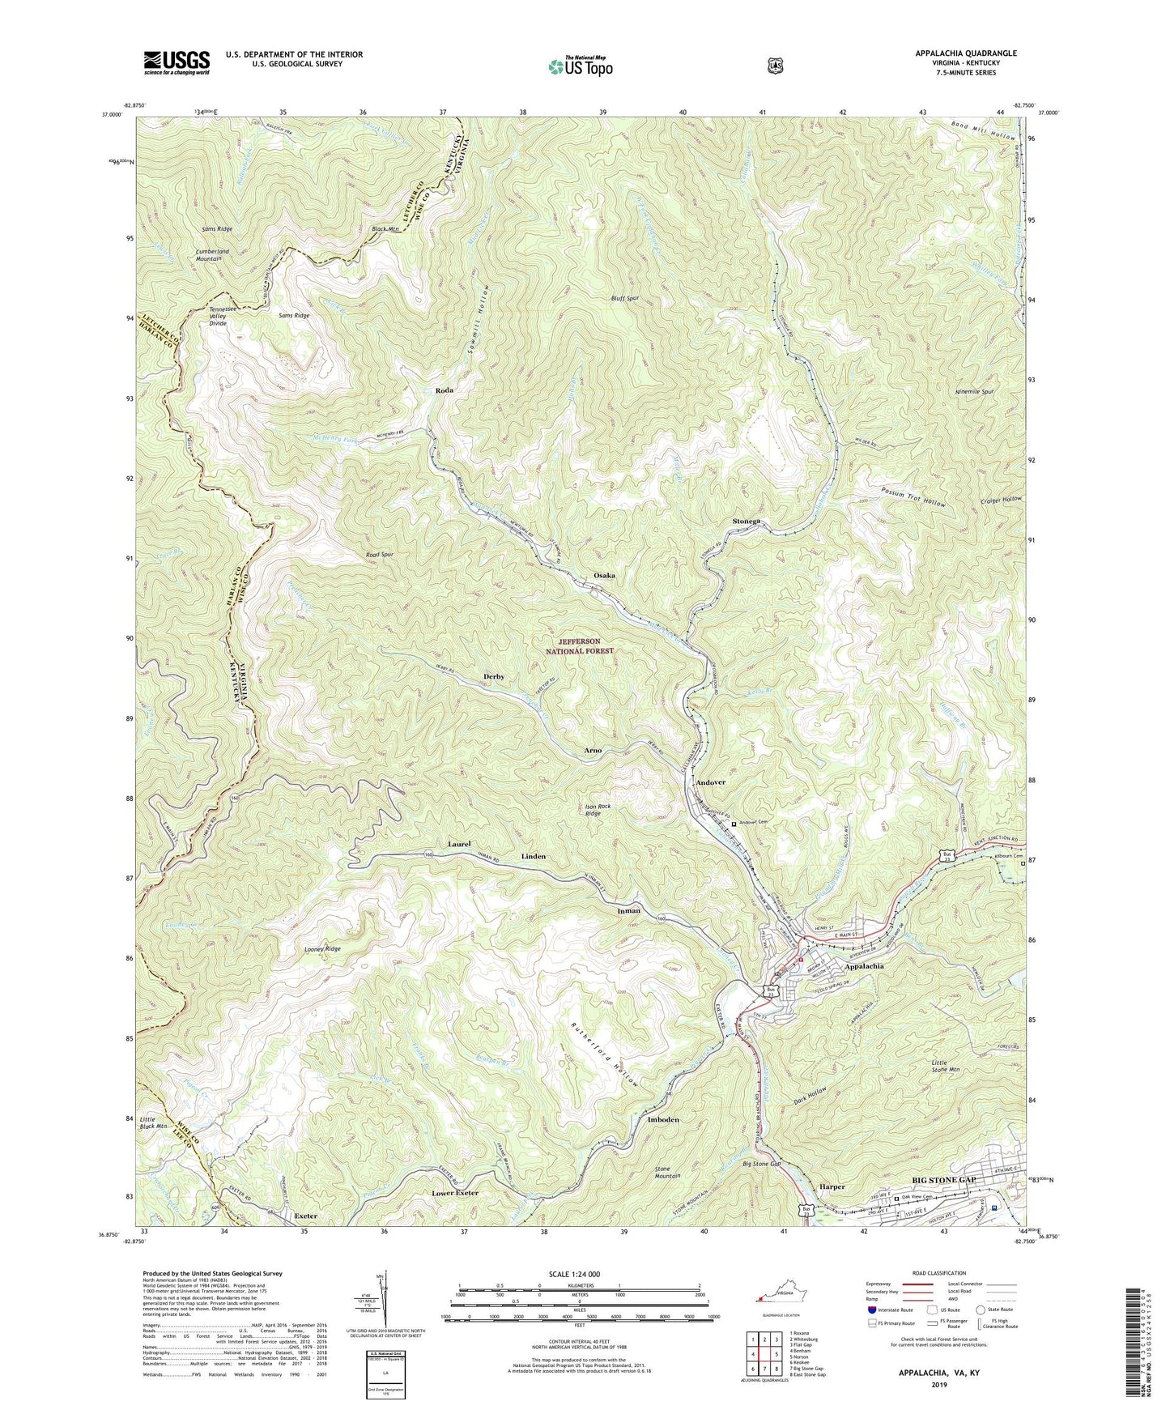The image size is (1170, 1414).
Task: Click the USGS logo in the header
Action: [177, 62]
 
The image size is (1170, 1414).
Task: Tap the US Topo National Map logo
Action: [581, 66]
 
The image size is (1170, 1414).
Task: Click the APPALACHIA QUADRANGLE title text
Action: [966, 53]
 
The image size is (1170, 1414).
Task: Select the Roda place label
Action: [444, 390]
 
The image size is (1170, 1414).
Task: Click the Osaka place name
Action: [604, 575]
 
